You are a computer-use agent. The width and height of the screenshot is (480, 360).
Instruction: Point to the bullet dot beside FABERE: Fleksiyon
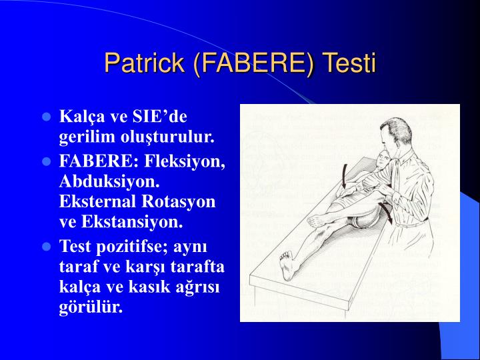point(47,161)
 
